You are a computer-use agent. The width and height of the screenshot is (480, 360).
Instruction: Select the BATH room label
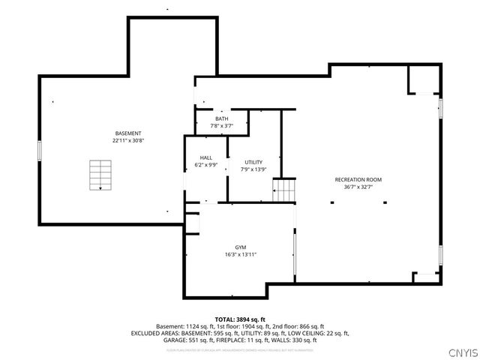(222, 118)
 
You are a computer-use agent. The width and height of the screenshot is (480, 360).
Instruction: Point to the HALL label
(205, 157)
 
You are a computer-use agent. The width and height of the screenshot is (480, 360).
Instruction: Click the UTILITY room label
(253, 162)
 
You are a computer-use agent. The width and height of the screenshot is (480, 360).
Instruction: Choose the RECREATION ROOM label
(358, 180)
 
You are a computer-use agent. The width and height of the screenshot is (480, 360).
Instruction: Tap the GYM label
(241, 247)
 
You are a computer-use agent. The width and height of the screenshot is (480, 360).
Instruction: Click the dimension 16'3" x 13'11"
(241, 254)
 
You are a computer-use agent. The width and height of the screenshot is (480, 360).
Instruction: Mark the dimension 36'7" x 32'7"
(358, 187)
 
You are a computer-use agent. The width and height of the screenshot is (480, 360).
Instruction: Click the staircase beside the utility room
(284, 190)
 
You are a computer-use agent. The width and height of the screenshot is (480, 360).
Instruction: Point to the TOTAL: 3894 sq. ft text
(240, 319)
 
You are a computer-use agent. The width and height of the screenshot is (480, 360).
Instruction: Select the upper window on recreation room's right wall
(441, 108)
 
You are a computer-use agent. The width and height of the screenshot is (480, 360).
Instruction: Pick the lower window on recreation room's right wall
(441, 256)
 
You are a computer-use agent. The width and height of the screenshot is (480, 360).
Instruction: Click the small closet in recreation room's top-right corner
(423, 79)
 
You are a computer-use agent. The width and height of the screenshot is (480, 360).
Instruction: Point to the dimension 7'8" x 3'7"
(222, 125)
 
